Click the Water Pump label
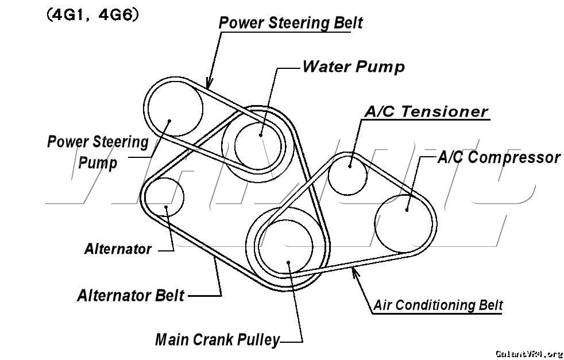click(353, 67)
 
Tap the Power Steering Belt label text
click(291, 23)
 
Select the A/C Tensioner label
click(426, 111)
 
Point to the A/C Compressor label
click(499, 157)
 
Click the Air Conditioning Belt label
click(438, 305)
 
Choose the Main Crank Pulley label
click(217, 339)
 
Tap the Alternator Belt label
click(130, 295)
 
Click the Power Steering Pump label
click(98, 152)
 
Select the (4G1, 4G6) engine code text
click(92, 15)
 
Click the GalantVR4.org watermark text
click(528, 353)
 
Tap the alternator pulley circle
click(164, 197)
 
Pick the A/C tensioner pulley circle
click(348, 173)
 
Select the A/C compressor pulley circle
click(404, 223)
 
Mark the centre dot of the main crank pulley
click(289, 263)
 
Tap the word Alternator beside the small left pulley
click(118, 249)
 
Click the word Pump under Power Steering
click(98, 162)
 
